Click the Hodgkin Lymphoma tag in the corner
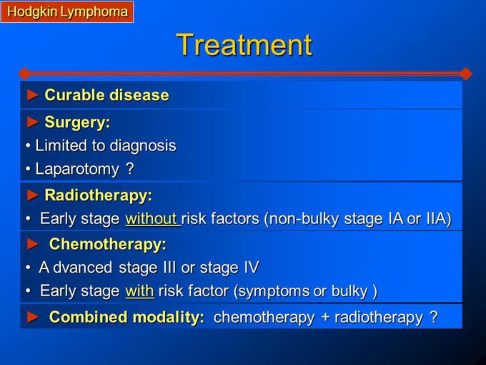click(x=67, y=11)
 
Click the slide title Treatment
click(x=244, y=44)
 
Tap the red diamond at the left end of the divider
click(x=24, y=73)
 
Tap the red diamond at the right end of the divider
click(x=466, y=73)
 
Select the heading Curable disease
click(x=106, y=95)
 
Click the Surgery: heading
click(x=77, y=122)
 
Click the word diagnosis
click(x=143, y=145)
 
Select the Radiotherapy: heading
click(x=98, y=195)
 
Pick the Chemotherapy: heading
click(x=107, y=244)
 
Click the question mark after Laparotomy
click(x=129, y=170)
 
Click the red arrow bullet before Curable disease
click(x=31, y=95)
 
